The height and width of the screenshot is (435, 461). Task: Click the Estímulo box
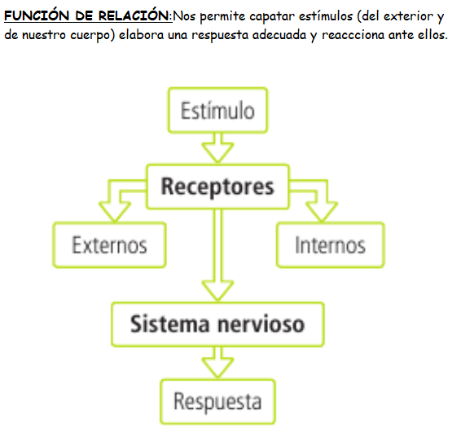[217, 110]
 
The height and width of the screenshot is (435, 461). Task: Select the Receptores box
[217, 187]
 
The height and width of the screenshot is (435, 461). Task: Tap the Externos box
[109, 244]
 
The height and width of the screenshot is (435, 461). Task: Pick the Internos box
[330, 244]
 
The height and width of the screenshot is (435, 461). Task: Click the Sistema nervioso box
[217, 324]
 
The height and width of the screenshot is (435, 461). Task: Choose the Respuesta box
[217, 402]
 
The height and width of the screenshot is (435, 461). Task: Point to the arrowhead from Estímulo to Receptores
[217, 152]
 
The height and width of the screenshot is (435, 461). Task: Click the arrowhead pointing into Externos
[115, 211]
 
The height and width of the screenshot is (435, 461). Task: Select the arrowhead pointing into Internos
[322, 211]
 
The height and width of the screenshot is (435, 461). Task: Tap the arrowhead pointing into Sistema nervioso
[217, 290]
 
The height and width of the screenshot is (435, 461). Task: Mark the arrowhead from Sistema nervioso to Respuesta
[217, 367]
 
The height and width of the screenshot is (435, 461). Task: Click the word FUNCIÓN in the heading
[37, 15]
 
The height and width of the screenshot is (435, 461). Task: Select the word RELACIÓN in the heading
[134, 15]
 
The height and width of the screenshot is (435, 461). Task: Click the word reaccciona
[353, 35]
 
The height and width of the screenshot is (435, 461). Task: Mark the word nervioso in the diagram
[261, 324]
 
